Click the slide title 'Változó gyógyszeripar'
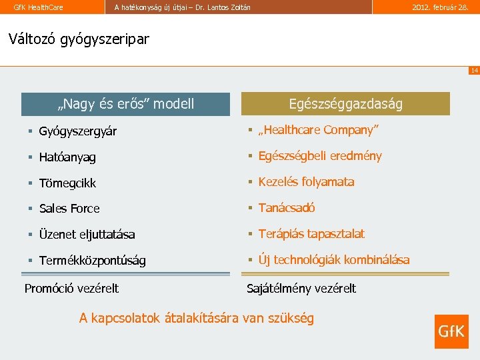pyautogui.click(x=79, y=39)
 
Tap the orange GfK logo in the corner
pyautogui.click(x=451, y=331)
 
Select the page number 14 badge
pyautogui.click(x=473, y=71)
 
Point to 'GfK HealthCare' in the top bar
pyautogui.click(x=39, y=7)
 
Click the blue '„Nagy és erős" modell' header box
pyautogui.click(x=125, y=104)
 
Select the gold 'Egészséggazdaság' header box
pyautogui.click(x=345, y=104)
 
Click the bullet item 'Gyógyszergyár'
pyautogui.click(x=78, y=131)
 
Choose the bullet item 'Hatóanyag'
pyautogui.click(x=67, y=157)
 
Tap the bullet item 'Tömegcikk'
pyautogui.click(x=67, y=183)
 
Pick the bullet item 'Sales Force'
pyautogui.click(x=69, y=209)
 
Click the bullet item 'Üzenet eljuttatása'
pyautogui.click(x=87, y=235)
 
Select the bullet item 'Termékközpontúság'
pyautogui.click(x=92, y=261)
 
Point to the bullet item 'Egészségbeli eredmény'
pyautogui.click(x=320, y=156)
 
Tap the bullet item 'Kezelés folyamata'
pyautogui.click(x=306, y=182)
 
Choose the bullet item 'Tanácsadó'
pyautogui.click(x=287, y=208)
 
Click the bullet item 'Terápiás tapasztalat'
pyautogui.click(x=311, y=234)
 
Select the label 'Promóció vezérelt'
pyautogui.click(x=71, y=289)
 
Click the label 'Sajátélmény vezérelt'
pyautogui.click(x=301, y=289)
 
